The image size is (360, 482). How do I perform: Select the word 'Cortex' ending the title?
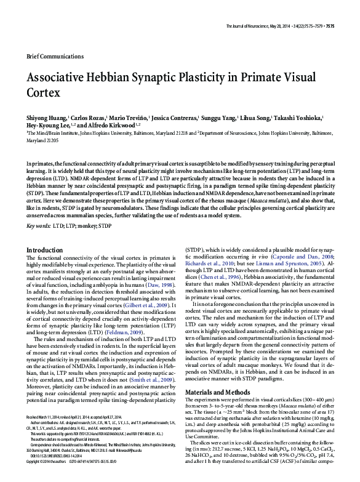click(x=43, y=94)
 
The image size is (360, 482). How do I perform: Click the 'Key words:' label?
click(x=38, y=226)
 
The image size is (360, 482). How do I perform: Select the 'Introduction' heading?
click(x=45, y=250)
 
